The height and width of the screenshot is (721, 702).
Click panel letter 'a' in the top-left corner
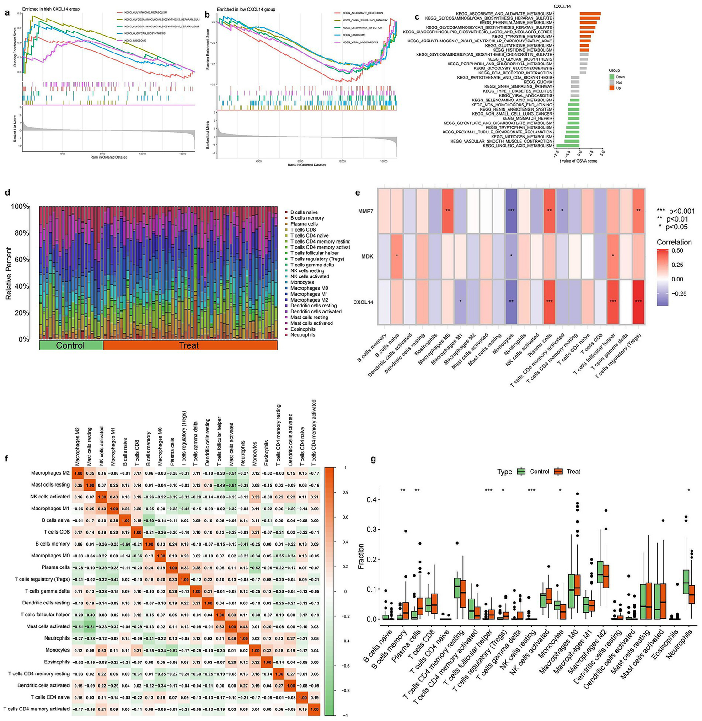tap(7, 13)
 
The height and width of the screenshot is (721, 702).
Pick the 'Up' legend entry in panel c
tap(618, 88)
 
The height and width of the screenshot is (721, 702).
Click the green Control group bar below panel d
tap(71, 345)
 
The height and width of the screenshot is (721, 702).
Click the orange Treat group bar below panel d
tap(190, 345)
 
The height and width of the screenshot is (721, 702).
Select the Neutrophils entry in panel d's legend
tap(302, 335)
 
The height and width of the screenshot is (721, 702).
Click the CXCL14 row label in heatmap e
tap(364, 302)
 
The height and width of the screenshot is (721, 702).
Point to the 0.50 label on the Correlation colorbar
tap(677, 251)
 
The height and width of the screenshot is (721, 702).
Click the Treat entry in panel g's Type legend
tap(568, 472)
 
